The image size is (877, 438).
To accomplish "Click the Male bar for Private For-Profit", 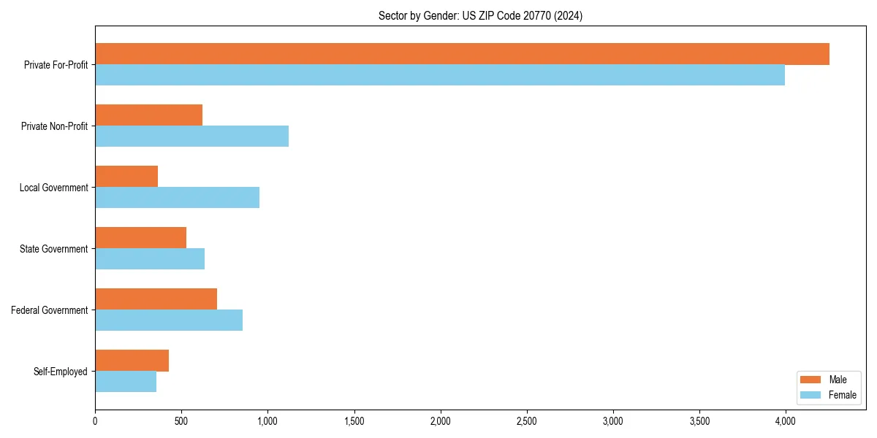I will click(462, 54).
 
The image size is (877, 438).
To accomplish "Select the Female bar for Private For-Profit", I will click(440, 75).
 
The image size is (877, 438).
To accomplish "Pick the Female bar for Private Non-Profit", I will click(191, 137).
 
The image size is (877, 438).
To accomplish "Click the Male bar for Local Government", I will click(126, 177).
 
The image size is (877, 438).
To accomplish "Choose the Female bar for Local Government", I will click(177, 198).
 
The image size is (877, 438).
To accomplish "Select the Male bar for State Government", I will click(140, 238).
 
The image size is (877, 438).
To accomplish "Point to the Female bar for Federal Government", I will click(169, 320).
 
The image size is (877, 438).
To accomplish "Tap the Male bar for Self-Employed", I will click(132, 361).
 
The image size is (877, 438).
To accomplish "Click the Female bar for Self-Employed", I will click(126, 382).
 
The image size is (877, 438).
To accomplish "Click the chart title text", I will click(480, 16).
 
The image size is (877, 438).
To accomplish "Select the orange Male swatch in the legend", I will click(810, 380).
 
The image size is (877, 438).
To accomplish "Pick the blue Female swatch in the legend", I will click(810, 395).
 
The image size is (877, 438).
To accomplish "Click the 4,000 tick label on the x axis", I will click(785, 421).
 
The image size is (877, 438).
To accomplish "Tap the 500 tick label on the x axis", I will click(181, 421).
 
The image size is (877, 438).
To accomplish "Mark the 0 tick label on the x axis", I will click(95, 421).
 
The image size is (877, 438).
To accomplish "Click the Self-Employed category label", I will click(61, 372).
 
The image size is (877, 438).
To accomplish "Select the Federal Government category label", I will click(50, 310).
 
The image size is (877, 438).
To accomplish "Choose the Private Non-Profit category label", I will click(54, 126).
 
